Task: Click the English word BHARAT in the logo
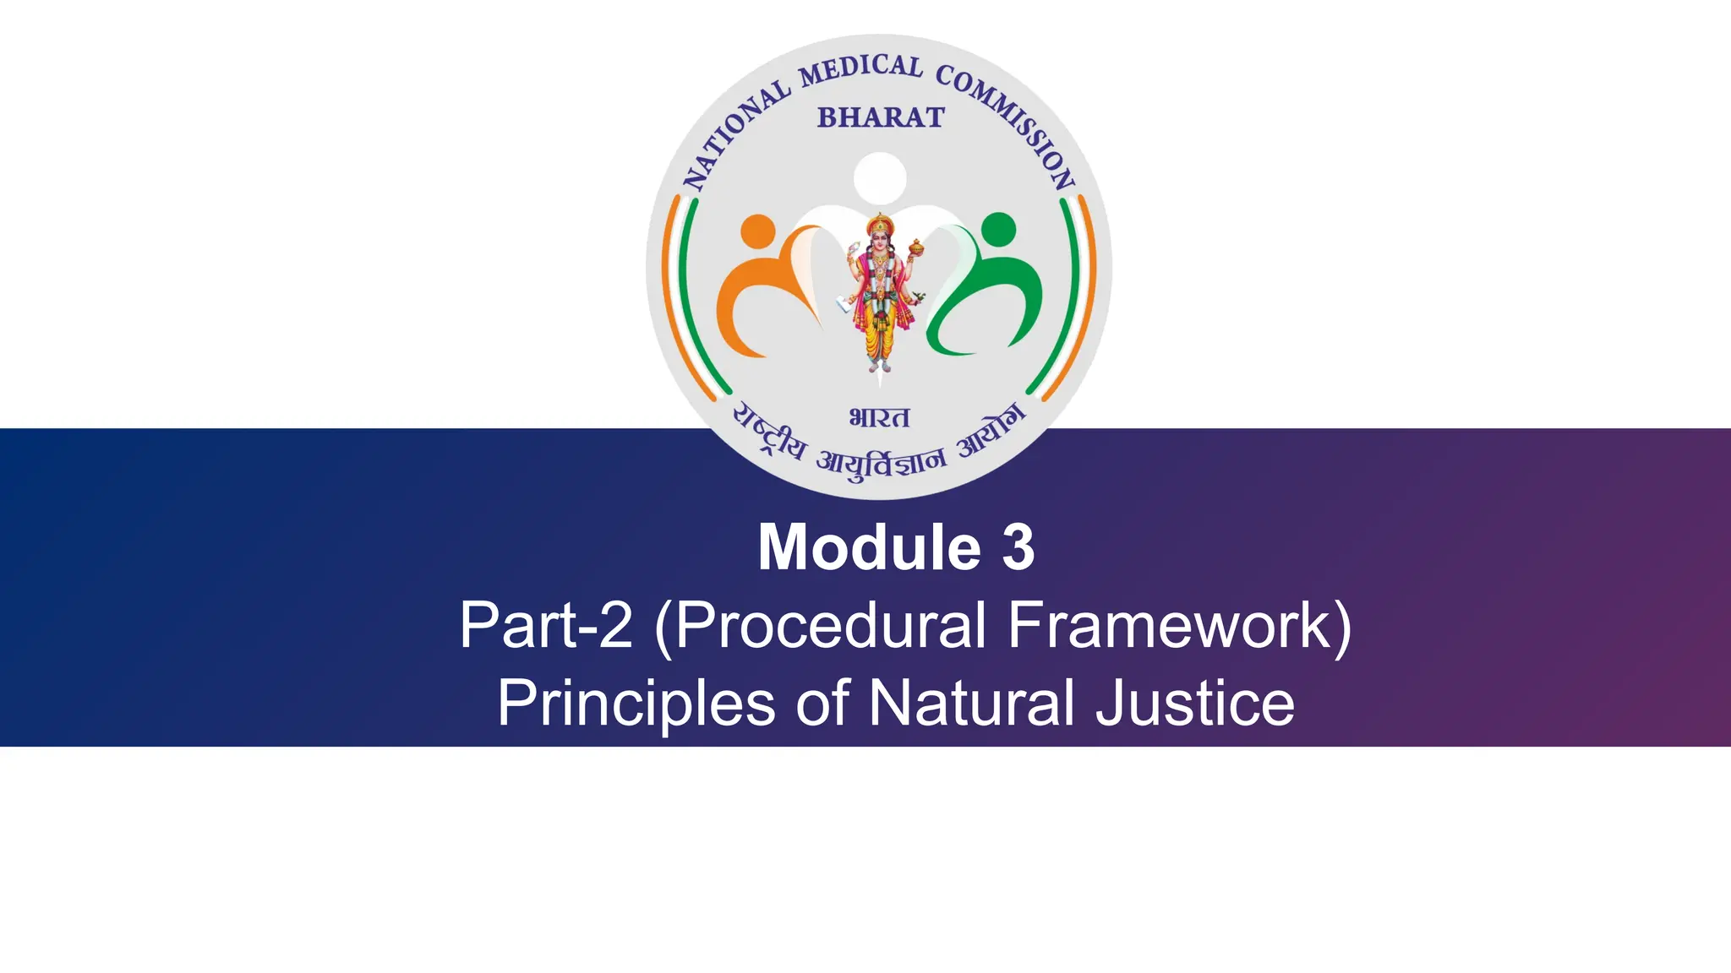880,117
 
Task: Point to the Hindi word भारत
879,417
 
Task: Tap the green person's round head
1000,229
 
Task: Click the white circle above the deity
880,178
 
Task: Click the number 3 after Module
1018,548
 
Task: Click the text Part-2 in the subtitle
546,625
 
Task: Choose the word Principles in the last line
636,704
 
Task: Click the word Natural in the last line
972,704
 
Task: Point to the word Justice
1195,704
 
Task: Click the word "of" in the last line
822,704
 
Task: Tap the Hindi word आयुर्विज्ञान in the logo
881,464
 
